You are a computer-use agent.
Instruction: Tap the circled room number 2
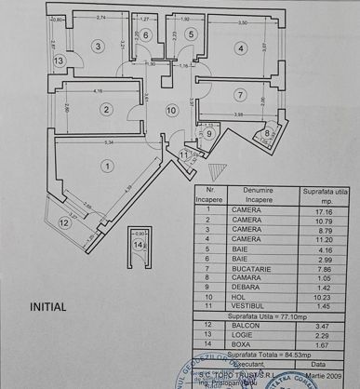pyautogui.click(x=107, y=110)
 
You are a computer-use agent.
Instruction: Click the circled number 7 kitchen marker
pyautogui.click(x=238, y=94)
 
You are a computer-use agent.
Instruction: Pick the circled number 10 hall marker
pyautogui.click(x=171, y=110)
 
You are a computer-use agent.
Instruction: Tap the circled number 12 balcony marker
pyautogui.click(x=63, y=223)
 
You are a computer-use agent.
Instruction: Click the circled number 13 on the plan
pyautogui.click(x=59, y=61)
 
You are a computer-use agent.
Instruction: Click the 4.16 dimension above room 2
pyautogui.click(x=99, y=90)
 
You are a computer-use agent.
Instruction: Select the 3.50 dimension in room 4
pyautogui.click(x=245, y=20)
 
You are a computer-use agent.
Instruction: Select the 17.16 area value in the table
pyautogui.click(x=318, y=212)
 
